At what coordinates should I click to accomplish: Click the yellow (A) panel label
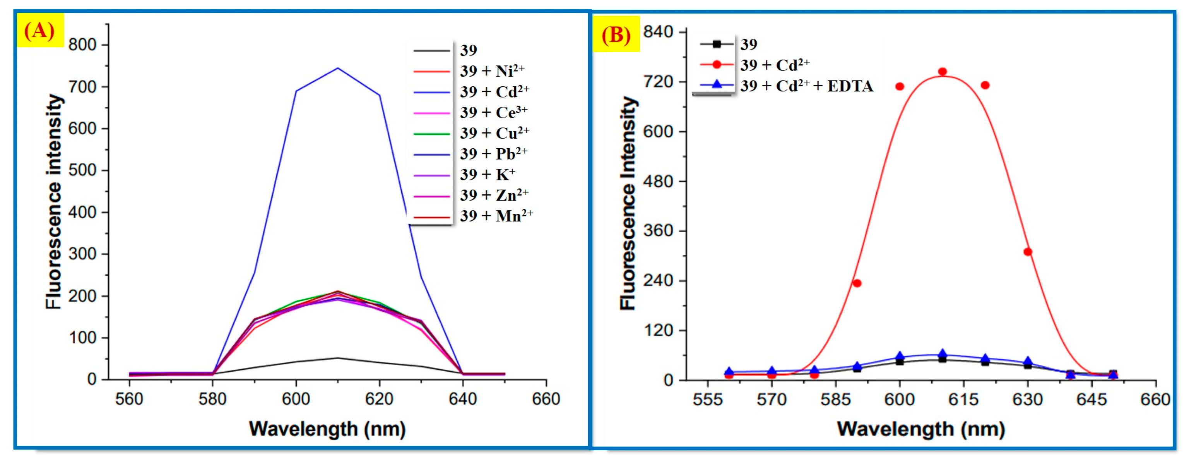40,31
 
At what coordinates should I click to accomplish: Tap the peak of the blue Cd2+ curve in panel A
337,69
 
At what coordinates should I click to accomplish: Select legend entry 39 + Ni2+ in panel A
492,71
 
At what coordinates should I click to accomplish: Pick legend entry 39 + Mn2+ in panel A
496,216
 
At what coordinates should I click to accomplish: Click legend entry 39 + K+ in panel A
487,175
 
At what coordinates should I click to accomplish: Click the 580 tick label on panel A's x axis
212,399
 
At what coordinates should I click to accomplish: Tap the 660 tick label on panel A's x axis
546,399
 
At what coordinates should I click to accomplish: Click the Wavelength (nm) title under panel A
327,429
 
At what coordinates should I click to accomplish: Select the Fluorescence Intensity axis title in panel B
628,203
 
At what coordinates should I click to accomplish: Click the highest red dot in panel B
943,72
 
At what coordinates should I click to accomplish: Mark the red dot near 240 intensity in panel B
857,283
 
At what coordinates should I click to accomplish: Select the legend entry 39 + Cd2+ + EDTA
806,86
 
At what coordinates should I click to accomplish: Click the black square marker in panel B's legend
717,44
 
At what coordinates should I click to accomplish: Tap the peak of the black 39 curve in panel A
337,358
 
